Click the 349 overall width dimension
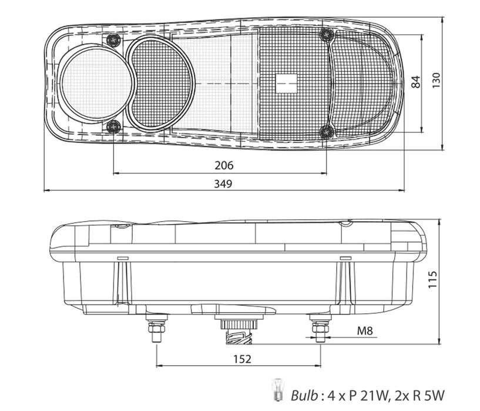[223, 184]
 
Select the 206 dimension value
[224, 165]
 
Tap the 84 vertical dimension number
[417, 82]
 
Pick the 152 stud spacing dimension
[243, 358]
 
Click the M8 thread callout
[365, 331]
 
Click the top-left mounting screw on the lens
[113, 40]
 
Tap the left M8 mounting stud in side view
[156, 329]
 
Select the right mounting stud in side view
[320, 329]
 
